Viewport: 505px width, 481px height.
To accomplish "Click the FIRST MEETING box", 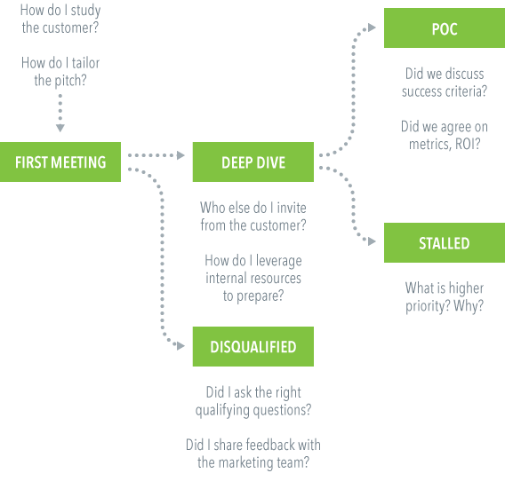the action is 60,162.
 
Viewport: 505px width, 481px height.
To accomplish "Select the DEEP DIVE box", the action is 253,162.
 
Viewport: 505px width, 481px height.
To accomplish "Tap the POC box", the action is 445,28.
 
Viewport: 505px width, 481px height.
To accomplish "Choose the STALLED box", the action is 445,243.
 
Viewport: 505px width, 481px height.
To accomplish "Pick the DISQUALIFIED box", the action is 253,347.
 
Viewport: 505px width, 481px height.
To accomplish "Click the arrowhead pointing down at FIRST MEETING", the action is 60,128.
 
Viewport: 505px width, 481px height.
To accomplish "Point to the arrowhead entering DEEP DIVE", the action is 180,155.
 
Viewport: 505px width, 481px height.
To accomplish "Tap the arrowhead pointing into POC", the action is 372,28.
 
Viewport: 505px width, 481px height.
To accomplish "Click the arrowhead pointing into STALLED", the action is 372,241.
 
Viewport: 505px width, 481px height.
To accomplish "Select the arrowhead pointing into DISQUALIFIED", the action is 180,346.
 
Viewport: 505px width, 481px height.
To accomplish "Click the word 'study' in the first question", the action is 85,11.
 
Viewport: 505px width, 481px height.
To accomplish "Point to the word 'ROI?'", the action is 468,144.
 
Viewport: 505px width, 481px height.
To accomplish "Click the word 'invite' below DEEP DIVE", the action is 292,208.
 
